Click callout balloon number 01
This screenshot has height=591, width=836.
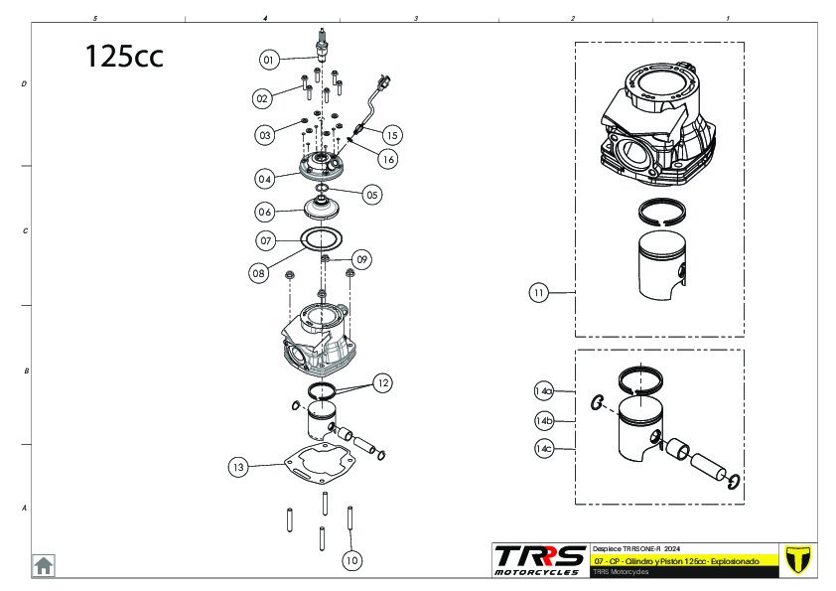[x=268, y=60]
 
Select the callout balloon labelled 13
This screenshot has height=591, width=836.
[x=237, y=466]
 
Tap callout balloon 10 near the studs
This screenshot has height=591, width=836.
[x=350, y=560]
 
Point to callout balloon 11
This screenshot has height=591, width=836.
[x=539, y=293]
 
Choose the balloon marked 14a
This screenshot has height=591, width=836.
[x=544, y=390]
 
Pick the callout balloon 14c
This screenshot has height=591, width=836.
[x=544, y=449]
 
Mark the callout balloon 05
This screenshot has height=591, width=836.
[x=371, y=195]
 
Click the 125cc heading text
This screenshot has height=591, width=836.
[x=124, y=56]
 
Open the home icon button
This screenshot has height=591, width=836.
[x=44, y=565]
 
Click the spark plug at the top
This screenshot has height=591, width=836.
[x=321, y=47]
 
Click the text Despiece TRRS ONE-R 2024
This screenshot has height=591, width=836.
[x=636, y=548]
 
